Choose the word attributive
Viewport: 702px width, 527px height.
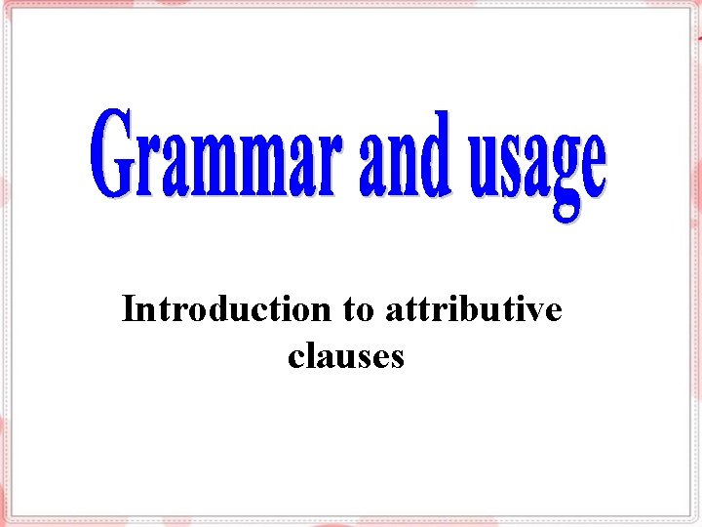(x=474, y=309)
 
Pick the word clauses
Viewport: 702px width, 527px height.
(x=346, y=356)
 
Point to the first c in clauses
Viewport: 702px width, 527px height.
(x=296, y=358)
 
